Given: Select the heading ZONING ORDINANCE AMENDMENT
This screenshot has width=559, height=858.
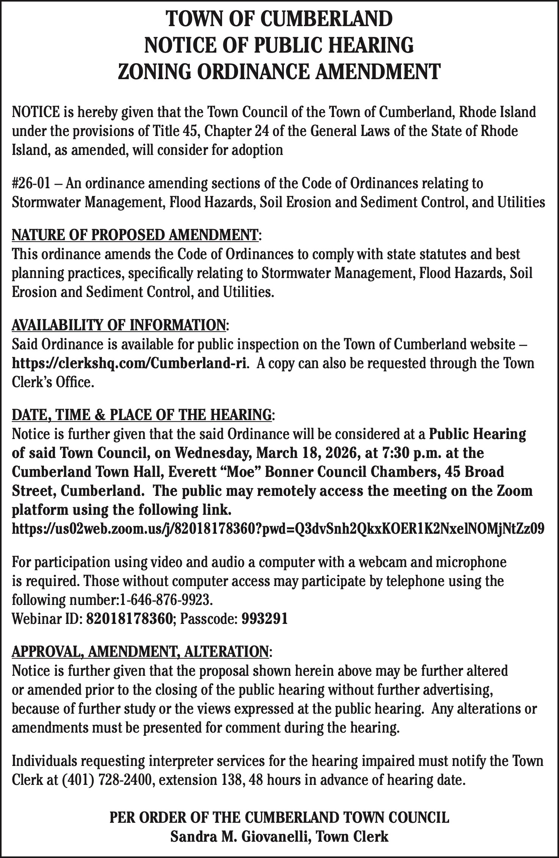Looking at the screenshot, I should pyautogui.click(x=279, y=71).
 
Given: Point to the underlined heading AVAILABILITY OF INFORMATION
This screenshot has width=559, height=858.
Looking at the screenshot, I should pyautogui.click(x=119, y=325).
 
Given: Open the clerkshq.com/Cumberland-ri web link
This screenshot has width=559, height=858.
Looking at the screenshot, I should pyautogui.click(x=130, y=363).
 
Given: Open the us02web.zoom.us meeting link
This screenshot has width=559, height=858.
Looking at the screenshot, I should pyautogui.click(x=278, y=528).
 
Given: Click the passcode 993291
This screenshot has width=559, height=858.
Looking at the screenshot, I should pyautogui.click(x=264, y=619).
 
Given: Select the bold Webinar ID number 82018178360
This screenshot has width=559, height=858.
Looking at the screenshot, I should pyautogui.click(x=130, y=619).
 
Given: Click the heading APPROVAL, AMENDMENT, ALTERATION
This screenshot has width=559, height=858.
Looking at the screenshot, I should pyautogui.click(x=140, y=652).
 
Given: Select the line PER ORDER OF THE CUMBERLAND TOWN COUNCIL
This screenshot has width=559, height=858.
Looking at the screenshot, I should pyautogui.click(x=279, y=818).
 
